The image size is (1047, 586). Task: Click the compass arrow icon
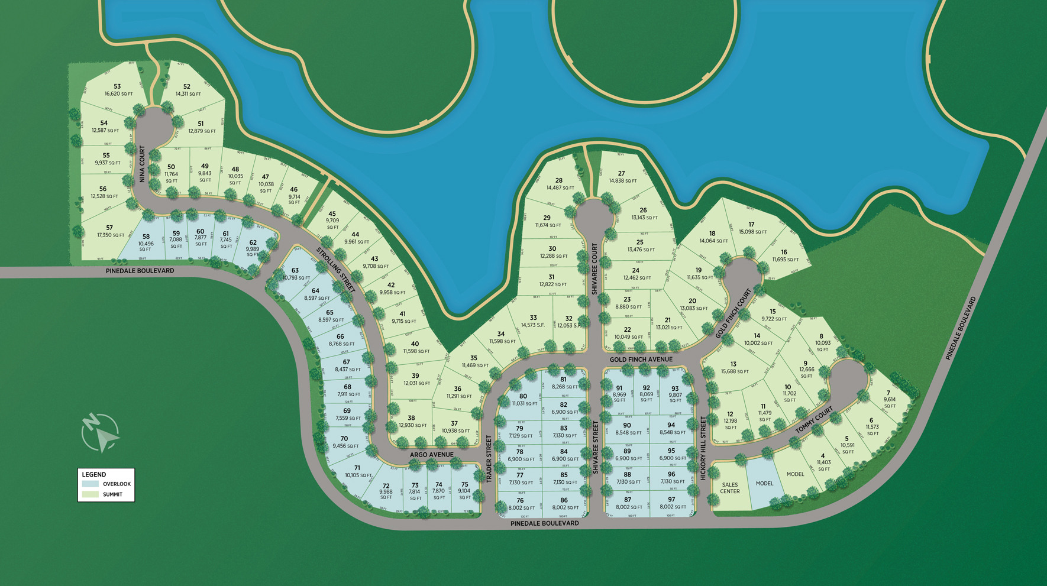tap(100, 433)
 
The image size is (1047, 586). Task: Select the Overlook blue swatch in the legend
tap(91, 484)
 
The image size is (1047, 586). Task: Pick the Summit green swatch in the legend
tap(91, 494)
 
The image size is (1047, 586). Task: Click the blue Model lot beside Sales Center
tap(764, 484)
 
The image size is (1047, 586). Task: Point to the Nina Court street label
tap(142, 164)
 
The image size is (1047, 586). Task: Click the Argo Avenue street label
tap(432, 455)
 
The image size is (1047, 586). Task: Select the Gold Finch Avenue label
tap(641, 359)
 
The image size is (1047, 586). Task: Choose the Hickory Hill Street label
tap(703, 448)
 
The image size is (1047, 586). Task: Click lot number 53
tap(117, 87)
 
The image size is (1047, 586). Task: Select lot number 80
tap(523, 396)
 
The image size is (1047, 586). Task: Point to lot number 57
tap(109, 228)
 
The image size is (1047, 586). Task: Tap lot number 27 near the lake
tap(621, 174)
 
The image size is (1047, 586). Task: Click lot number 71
tap(357, 468)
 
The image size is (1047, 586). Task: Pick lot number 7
tap(888, 393)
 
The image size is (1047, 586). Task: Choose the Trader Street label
tap(489, 458)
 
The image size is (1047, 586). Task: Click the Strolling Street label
tap(335, 269)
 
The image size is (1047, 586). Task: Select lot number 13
tap(733, 364)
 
